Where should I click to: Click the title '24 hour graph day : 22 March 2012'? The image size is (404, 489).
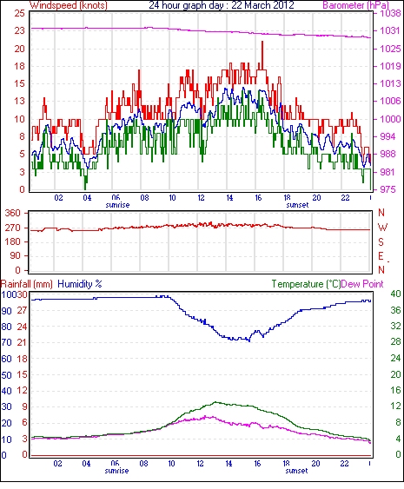click(x=222, y=5)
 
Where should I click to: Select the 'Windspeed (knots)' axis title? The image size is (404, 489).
click(x=69, y=5)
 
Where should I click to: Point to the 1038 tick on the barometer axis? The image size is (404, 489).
click(x=391, y=13)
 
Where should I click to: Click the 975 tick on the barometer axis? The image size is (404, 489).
click(x=388, y=189)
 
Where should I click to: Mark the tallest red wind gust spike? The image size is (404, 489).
click(x=262, y=42)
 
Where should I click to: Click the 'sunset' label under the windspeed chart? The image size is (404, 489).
click(x=297, y=205)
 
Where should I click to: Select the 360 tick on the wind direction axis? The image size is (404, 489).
click(x=12, y=214)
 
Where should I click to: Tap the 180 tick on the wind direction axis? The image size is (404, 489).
click(x=12, y=241)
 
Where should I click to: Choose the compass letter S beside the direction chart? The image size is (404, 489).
click(x=381, y=241)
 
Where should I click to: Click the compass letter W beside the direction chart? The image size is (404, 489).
click(x=382, y=228)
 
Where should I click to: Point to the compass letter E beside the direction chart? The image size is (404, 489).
click(x=381, y=256)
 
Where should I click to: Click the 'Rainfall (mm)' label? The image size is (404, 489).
click(x=27, y=284)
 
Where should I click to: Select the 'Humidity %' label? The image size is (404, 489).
click(x=80, y=284)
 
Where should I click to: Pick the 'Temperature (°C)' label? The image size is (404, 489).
click(x=306, y=284)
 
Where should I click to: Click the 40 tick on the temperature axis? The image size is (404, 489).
click(x=395, y=294)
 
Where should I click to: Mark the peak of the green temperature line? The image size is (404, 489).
click(x=215, y=402)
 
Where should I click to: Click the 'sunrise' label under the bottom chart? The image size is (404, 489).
click(x=116, y=471)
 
